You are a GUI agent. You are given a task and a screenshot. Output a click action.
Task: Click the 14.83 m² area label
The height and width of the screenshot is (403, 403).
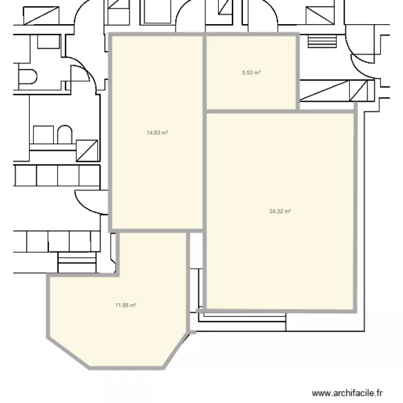[157, 132]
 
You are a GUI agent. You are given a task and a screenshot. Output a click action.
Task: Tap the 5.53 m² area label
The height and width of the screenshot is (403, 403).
[251, 72]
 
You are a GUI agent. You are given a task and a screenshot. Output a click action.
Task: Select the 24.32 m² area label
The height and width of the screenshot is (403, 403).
[280, 211]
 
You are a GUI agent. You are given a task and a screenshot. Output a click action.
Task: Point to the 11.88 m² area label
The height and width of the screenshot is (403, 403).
[125, 305]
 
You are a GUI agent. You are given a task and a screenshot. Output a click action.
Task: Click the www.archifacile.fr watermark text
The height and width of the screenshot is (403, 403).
[349, 393]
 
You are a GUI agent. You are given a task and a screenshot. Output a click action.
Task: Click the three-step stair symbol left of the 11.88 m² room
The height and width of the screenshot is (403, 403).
[76, 263]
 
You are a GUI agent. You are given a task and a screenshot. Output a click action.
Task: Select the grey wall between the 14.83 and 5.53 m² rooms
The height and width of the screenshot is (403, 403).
[205, 73]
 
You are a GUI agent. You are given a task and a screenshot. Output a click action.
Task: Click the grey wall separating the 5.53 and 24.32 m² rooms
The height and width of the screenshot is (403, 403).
[251, 111]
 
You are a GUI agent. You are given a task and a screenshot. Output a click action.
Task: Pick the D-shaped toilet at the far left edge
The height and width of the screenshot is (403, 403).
[27, 76]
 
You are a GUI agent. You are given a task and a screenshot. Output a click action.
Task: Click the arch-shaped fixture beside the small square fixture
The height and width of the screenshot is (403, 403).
[64, 135]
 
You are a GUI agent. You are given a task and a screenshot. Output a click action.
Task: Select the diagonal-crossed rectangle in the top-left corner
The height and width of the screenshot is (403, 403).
[40, 16]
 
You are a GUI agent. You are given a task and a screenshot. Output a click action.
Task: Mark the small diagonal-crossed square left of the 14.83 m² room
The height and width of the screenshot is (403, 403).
[87, 150]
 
